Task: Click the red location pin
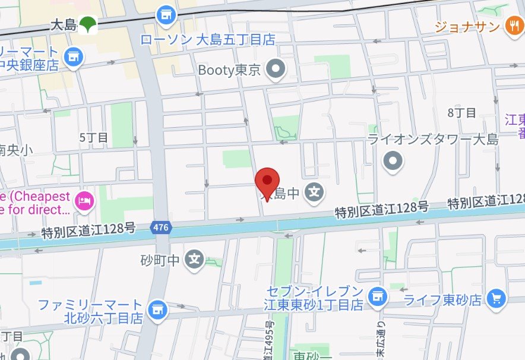(x=267, y=181)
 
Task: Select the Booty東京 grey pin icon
(x=276, y=70)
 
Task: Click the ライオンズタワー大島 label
(x=433, y=140)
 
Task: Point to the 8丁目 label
(x=462, y=113)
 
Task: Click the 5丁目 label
(x=94, y=138)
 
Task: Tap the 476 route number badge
(x=160, y=227)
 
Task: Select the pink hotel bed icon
(x=85, y=201)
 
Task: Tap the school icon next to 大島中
(x=315, y=192)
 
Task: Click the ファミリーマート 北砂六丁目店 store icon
(x=157, y=310)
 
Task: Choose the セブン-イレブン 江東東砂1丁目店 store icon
(x=376, y=294)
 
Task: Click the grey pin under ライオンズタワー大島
(x=393, y=161)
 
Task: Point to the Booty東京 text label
(x=229, y=70)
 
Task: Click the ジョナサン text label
(x=467, y=26)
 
